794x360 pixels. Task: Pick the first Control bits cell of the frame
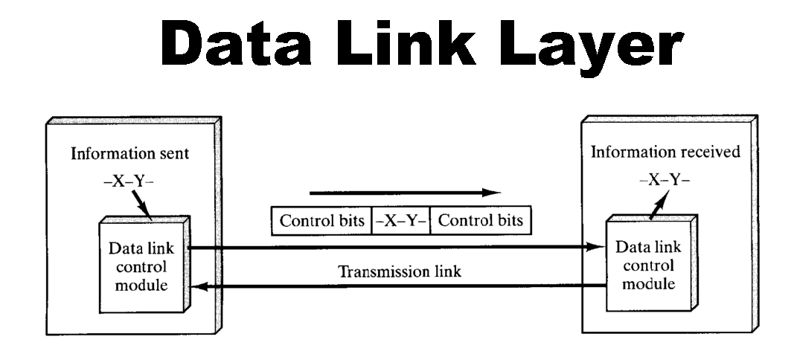point(322,221)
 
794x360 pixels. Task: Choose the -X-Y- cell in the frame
point(400,221)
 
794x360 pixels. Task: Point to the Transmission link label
point(400,271)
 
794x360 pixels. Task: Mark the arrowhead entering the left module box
point(197,285)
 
